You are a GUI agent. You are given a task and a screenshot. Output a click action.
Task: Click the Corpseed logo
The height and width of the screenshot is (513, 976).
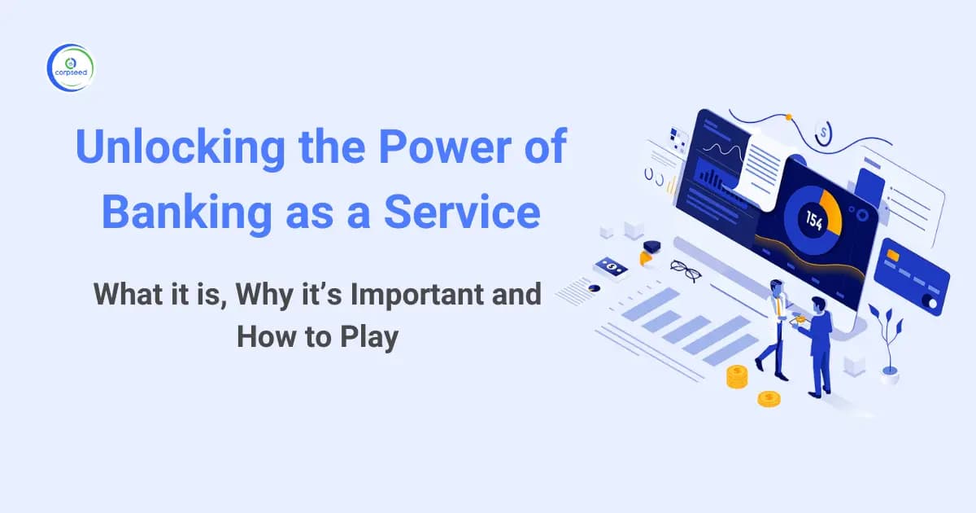(x=72, y=68)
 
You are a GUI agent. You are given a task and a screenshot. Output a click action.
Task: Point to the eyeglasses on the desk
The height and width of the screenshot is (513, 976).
(x=686, y=270)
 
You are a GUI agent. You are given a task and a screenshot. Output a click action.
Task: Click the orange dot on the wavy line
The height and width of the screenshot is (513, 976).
(x=788, y=117)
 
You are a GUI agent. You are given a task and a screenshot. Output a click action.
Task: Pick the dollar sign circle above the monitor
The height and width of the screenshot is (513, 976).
(x=824, y=131)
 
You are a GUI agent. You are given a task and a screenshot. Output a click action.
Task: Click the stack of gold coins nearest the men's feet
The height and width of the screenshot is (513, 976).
(x=737, y=376)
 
